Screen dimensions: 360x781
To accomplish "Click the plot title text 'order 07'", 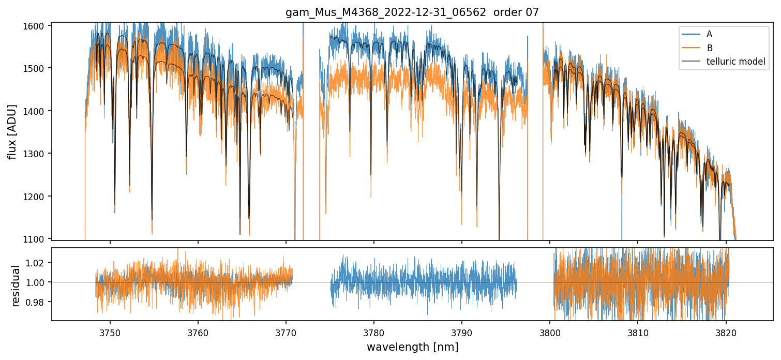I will click(519, 12).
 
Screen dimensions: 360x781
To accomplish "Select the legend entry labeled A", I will click(709, 34).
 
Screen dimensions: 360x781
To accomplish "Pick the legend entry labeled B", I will click(709, 48).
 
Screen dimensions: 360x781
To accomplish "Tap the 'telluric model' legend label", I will click(735, 62).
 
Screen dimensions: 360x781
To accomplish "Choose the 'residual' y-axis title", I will click(16, 286).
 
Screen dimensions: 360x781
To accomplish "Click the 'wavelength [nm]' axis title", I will click(412, 347).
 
